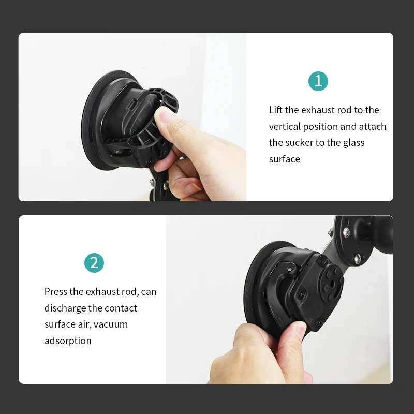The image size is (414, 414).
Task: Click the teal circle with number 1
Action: (x=318, y=81)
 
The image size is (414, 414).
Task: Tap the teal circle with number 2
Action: (x=94, y=263)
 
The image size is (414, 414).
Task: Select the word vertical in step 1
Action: (x=285, y=126)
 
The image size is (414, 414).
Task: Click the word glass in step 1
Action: (x=353, y=142)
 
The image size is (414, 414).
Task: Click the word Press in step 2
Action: (x=56, y=291)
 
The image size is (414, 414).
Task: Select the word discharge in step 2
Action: (x=65, y=308)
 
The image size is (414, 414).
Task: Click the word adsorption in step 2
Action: (x=68, y=341)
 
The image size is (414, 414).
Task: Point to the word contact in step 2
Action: (x=121, y=308)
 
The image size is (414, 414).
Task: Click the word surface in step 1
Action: (x=285, y=159)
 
